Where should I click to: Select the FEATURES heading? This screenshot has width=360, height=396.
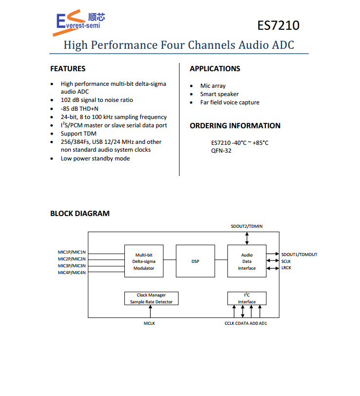pos(68,69)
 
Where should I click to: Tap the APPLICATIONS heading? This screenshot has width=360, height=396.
pos(215,69)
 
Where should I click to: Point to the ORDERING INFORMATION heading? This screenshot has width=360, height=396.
pos(235,126)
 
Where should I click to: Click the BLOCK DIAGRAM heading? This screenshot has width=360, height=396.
pos(80,214)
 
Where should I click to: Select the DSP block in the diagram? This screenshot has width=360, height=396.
pos(195,261)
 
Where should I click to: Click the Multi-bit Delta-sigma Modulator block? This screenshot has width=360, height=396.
pos(144,261)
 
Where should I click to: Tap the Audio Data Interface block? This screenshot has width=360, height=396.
pos(247,261)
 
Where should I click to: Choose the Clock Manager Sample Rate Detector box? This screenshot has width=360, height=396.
pos(151,298)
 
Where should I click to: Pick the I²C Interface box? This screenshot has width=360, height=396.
pos(247,298)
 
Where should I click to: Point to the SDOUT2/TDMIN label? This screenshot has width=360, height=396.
pos(247,227)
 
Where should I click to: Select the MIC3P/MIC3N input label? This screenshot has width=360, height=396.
pos(72,266)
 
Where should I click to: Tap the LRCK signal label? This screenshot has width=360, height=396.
pos(286,268)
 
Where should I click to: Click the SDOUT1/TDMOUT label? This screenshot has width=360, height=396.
pos(299,255)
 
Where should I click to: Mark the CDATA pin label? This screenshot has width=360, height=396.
pos(241,323)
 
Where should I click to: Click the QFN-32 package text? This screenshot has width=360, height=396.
pos(221,151)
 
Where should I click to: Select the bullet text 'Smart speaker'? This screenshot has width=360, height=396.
pos(219,94)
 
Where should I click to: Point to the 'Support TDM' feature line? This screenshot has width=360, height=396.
pos(79,134)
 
